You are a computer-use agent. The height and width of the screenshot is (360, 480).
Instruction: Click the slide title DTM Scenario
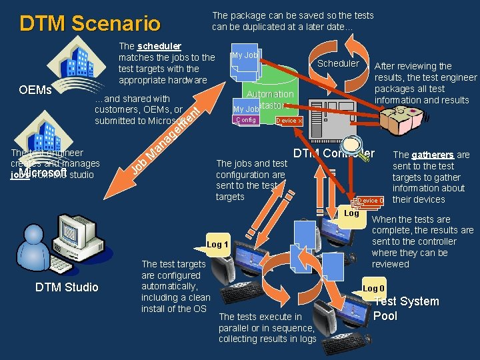pyautogui.click(x=90, y=24)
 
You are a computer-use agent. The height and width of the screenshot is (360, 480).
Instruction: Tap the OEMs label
pyautogui.click(x=35, y=89)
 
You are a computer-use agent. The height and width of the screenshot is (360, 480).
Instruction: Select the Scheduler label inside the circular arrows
pyautogui.click(x=338, y=63)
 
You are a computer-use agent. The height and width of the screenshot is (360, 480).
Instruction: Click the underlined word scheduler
pyautogui.click(x=159, y=46)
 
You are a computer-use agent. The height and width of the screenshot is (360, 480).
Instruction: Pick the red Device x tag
pyautogui.click(x=289, y=121)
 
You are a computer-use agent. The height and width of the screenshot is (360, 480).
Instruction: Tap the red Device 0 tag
pyautogui.click(x=371, y=201)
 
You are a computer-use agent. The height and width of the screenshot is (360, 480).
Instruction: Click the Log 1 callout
pyautogui.click(x=217, y=244)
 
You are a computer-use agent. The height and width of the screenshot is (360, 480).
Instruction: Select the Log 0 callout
pyautogui.click(x=373, y=288)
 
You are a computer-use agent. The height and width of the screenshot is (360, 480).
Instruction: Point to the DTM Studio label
pyautogui.click(x=66, y=287)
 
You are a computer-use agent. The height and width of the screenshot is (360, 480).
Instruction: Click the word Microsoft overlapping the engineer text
pyautogui.click(x=43, y=173)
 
